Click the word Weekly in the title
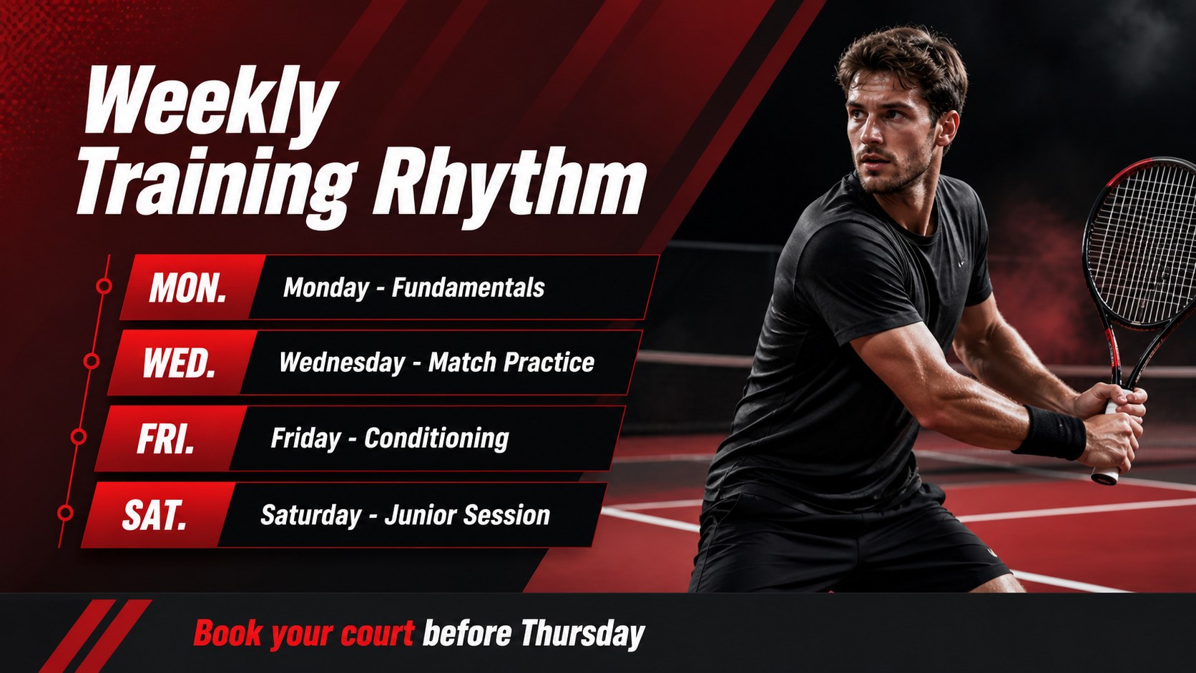pos(211,102)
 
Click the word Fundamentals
pos(469,288)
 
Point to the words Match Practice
pos(511,363)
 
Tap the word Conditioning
pos(437,438)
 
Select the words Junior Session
pos(467,515)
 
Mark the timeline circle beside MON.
pos(104,286)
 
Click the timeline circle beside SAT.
pos(65,513)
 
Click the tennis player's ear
pos(949,128)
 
